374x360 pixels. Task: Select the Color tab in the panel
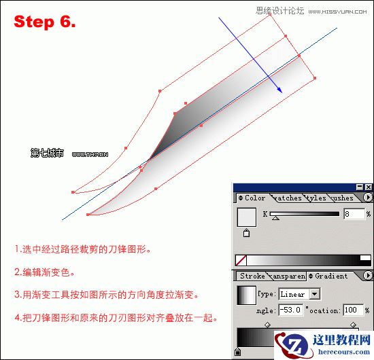[x=252, y=198]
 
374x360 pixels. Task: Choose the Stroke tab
[x=252, y=276]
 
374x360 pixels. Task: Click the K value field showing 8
[x=354, y=214]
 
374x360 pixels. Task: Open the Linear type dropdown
[x=314, y=295]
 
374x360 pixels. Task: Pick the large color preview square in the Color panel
[x=246, y=217]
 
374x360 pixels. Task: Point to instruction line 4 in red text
[x=116, y=317]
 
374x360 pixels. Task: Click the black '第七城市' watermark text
[x=47, y=154]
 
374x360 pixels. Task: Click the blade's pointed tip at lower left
[x=88, y=215]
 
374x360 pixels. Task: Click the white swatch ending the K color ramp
[x=365, y=259]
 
